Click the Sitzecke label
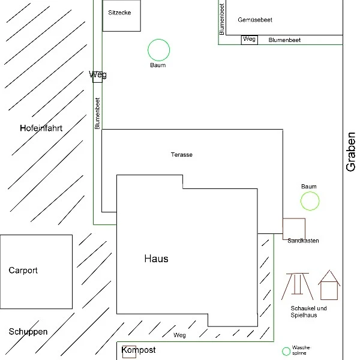[x=119, y=13]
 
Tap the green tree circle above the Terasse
[x=158, y=40]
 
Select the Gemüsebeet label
[x=255, y=20]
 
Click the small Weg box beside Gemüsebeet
[x=250, y=40]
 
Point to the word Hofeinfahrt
[x=41, y=128]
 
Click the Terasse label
[x=182, y=155]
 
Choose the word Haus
[x=156, y=259]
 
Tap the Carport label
[x=23, y=271]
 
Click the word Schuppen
[x=28, y=332]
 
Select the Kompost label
[x=139, y=350]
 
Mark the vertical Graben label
[x=350, y=152]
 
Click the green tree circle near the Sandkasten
[x=310, y=192]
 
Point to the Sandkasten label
[x=303, y=241]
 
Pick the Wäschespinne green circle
[x=286, y=347]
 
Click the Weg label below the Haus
[x=179, y=335]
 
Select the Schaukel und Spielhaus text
[x=308, y=311]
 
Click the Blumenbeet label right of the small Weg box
[x=284, y=40]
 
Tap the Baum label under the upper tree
[x=158, y=65]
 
